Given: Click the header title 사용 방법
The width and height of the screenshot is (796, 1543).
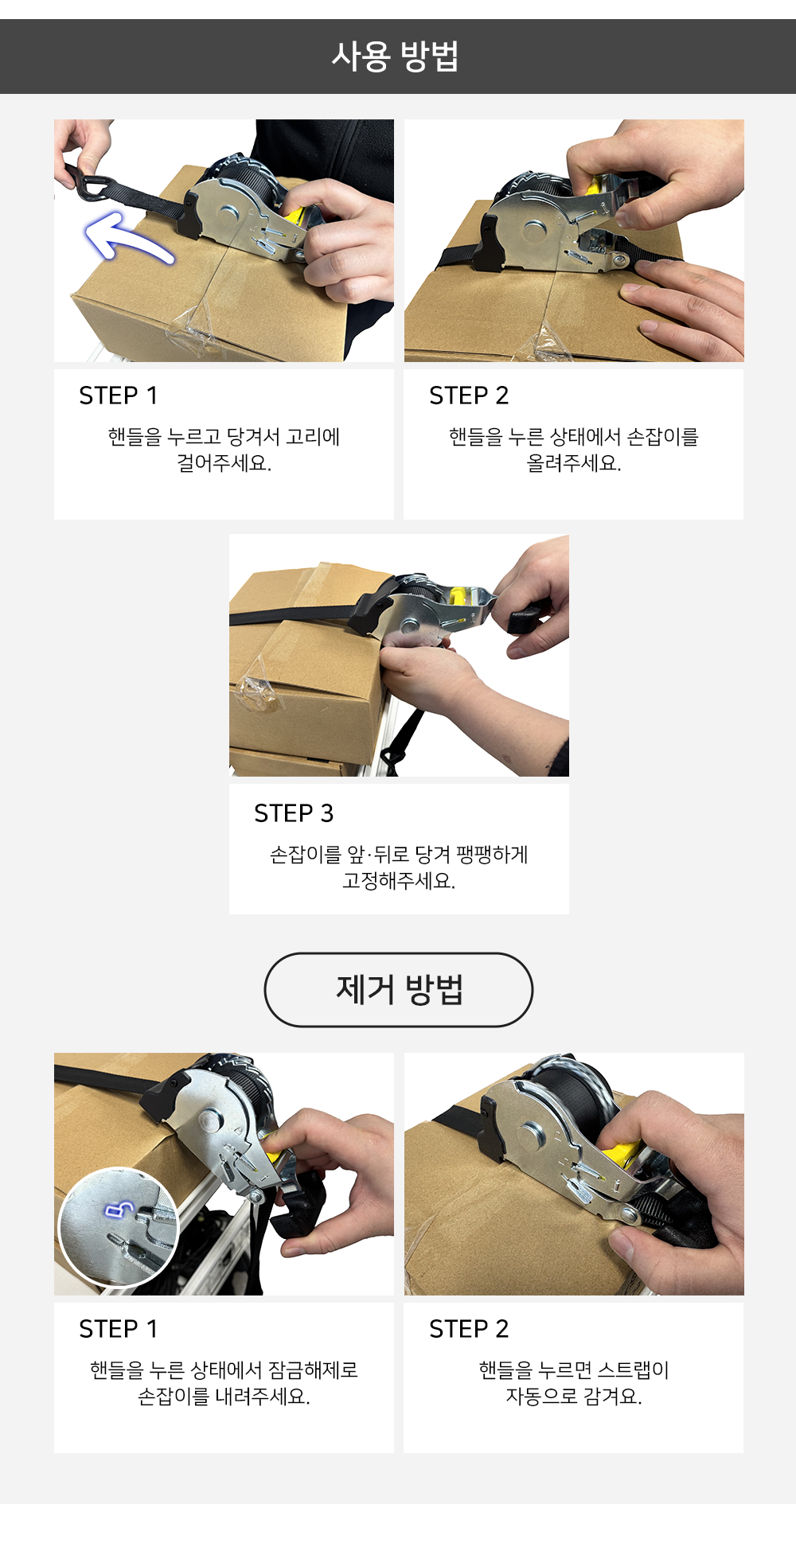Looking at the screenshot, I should (396, 56).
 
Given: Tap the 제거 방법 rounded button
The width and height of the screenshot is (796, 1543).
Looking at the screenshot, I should (399, 989).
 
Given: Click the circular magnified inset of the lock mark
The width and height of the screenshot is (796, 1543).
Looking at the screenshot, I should (119, 1226).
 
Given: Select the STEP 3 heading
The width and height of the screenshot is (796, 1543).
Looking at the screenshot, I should (294, 812).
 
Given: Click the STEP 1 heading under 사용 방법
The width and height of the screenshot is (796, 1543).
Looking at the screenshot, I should (119, 395).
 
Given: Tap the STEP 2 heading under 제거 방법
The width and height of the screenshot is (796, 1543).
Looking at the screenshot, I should (469, 1328).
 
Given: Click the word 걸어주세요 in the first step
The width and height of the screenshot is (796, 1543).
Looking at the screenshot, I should (224, 463).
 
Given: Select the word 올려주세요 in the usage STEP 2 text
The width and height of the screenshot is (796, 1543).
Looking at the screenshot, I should (573, 463).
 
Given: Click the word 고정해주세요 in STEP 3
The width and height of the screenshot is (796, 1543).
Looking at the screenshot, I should (398, 881).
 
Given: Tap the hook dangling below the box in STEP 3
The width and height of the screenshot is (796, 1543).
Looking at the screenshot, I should (391, 756).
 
